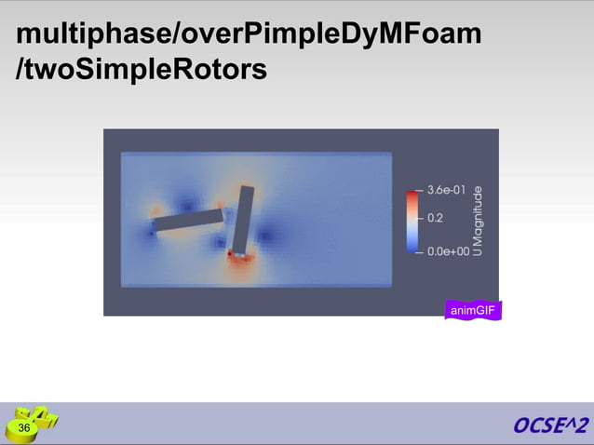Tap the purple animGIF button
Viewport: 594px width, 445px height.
point(473,310)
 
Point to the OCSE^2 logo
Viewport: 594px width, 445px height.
point(550,425)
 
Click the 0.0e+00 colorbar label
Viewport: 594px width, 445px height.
point(447,250)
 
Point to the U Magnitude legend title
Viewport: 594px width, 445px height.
point(478,221)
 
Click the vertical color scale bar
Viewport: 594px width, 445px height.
point(412,221)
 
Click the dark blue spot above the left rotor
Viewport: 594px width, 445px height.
point(189,202)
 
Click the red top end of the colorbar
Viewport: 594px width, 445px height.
point(412,194)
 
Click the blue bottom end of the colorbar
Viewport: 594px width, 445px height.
point(412,249)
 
